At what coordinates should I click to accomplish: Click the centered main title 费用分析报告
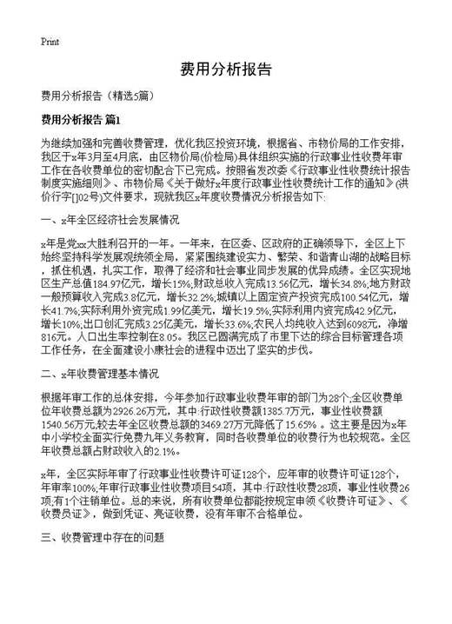pos(225,70)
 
